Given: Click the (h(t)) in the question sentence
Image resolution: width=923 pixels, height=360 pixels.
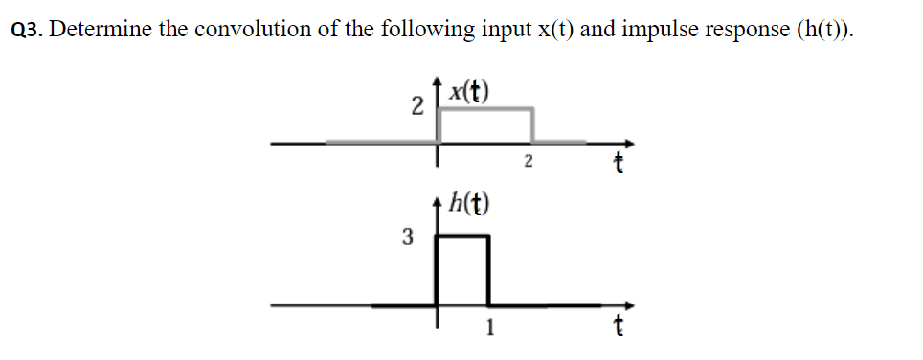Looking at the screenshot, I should coord(824,30).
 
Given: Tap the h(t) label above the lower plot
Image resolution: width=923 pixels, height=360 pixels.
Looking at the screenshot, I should coord(470,204).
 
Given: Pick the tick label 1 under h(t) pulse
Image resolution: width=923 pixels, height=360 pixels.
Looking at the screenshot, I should coord(489,330).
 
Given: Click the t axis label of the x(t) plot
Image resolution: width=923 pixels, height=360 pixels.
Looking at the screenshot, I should coord(619,166).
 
